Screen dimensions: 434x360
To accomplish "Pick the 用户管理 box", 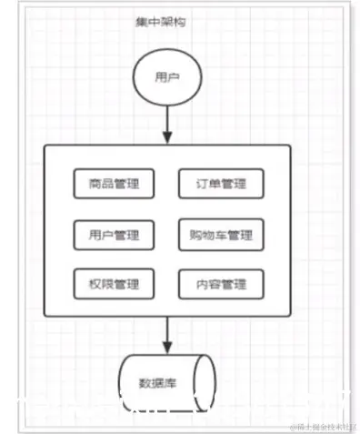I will point(114,235).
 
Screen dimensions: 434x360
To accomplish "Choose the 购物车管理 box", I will point(221,235).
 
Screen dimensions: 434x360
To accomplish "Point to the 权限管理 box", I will point(114,285).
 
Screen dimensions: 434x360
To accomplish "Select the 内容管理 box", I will point(221,285).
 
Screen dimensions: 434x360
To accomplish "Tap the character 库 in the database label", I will point(177,381).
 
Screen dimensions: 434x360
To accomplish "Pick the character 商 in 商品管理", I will point(95,184).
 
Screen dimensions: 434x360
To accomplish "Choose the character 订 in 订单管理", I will point(201,184).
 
